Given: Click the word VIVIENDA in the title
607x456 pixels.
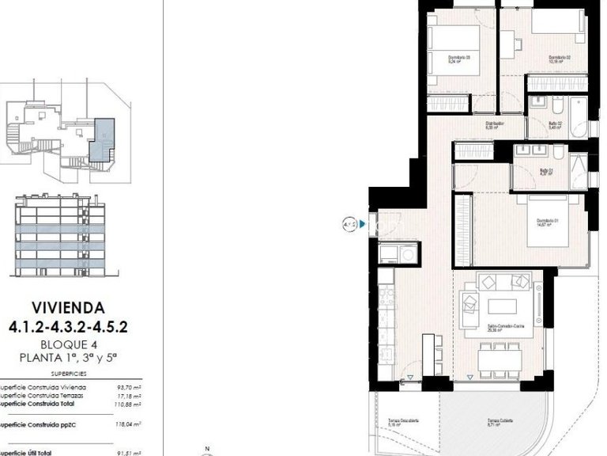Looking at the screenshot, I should click(66, 307).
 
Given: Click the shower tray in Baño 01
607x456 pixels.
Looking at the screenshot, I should click(577, 166).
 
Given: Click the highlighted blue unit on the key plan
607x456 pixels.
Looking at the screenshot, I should click(102, 139).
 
